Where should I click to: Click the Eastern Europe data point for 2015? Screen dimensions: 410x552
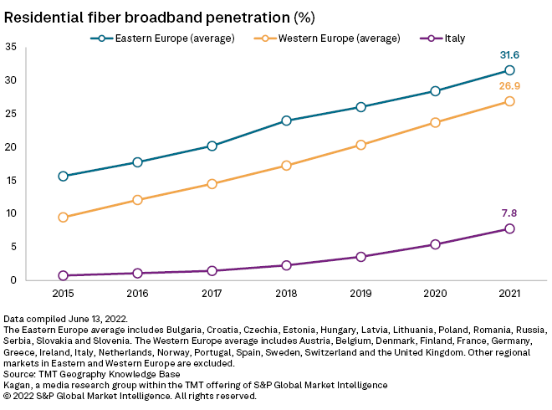(x=64, y=176)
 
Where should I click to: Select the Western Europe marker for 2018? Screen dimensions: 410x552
(x=286, y=166)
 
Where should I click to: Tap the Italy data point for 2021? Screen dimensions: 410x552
(x=509, y=228)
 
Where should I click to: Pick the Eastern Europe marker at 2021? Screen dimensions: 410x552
(x=509, y=70)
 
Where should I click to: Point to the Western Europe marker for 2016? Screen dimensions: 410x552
(x=138, y=200)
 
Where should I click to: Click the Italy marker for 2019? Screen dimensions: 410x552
(x=360, y=257)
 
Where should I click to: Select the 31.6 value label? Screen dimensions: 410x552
(x=510, y=55)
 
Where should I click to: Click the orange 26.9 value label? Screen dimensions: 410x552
(x=510, y=86)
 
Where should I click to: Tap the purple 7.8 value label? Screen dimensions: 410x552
(x=510, y=213)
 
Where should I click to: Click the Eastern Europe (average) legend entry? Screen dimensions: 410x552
(x=163, y=38)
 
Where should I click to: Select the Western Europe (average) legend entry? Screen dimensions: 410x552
(x=330, y=38)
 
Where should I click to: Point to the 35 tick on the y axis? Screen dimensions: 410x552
(x=10, y=48)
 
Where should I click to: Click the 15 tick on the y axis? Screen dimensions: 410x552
(x=10, y=181)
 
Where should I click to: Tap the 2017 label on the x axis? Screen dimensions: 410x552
(x=212, y=294)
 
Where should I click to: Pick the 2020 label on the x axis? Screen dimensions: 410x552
(x=435, y=294)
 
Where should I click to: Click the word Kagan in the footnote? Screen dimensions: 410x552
(x=18, y=385)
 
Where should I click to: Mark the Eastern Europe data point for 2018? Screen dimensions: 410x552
(x=286, y=120)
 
